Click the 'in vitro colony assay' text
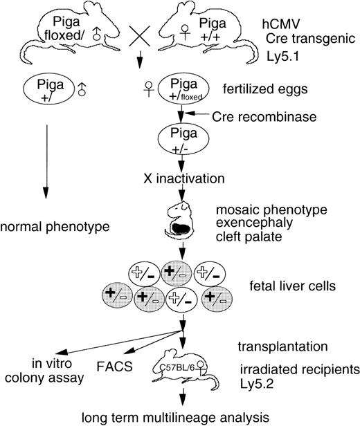(39, 367)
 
